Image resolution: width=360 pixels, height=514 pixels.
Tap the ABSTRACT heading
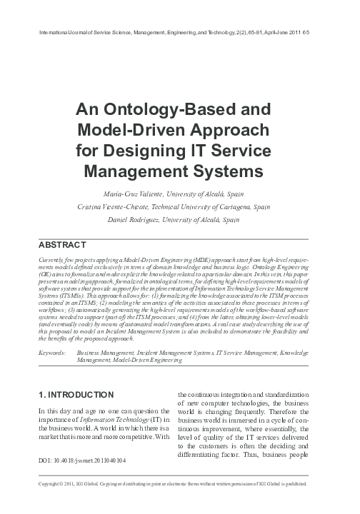[62, 243]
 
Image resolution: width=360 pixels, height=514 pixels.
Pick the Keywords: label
[51, 353]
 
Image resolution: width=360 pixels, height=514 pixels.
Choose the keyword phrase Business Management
[106, 353]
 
